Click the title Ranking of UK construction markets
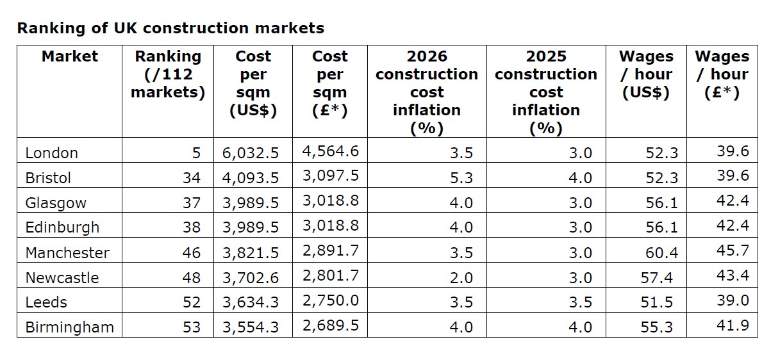[x=170, y=28]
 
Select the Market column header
[x=70, y=56]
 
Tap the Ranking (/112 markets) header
[x=168, y=74]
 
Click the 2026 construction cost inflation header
[x=427, y=92]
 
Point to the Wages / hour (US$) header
[x=646, y=74]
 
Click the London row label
[x=52, y=153]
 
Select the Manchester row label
[x=67, y=252]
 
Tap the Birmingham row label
[x=69, y=327]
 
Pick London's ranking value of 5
[x=196, y=153]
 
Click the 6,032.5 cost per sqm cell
[x=250, y=153]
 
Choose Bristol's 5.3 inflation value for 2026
[x=461, y=178]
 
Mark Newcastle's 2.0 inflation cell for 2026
[x=461, y=278]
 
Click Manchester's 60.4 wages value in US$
[x=661, y=252]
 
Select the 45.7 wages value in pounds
[x=733, y=250]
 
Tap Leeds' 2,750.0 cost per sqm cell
[x=331, y=300]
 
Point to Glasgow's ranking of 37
[x=192, y=202]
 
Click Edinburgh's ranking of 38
[x=192, y=227]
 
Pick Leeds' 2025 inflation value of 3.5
[x=580, y=302]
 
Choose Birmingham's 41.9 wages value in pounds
[x=733, y=325]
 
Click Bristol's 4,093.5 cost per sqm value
[x=250, y=178]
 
